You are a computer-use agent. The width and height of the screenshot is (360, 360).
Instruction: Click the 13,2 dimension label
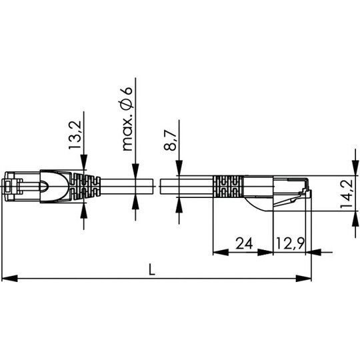[75, 135]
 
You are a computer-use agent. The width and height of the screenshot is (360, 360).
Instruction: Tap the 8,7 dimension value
[170, 140]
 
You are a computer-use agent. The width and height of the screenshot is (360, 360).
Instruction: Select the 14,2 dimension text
[346, 193]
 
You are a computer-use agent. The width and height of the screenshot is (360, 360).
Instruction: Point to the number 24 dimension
[244, 243]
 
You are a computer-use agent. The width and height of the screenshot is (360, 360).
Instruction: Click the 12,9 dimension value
[290, 243]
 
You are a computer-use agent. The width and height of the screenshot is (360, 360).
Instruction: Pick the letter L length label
[152, 269]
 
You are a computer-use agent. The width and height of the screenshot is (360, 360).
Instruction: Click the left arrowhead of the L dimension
[9, 279]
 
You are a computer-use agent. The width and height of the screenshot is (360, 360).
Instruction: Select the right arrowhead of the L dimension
[303, 279]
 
